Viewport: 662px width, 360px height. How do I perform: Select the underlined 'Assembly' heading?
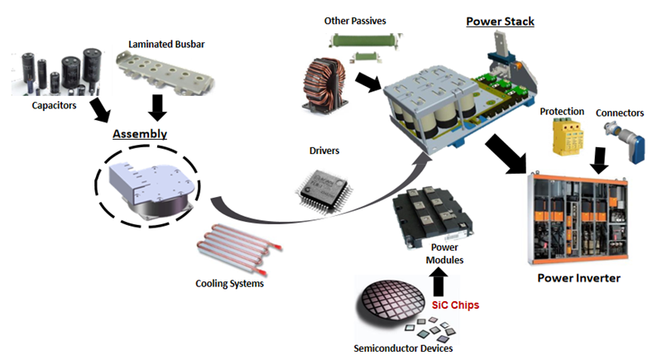click(x=140, y=133)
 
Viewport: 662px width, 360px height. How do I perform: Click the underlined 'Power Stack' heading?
click(x=499, y=21)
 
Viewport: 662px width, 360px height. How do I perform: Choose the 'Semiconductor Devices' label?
click(x=402, y=348)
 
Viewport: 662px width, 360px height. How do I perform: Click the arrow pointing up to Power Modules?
click(x=439, y=282)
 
